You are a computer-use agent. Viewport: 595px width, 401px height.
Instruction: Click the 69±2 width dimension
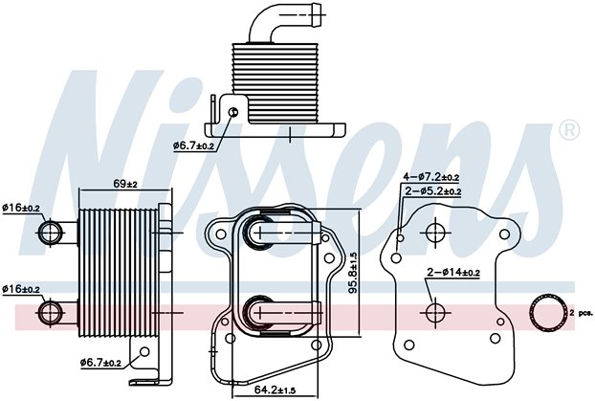point(126,184)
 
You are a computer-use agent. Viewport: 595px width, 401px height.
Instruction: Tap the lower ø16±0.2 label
point(22,289)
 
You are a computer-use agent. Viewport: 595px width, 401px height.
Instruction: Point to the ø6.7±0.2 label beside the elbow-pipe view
point(195,145)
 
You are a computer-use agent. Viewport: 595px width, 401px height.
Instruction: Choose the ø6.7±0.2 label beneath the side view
point(101,363)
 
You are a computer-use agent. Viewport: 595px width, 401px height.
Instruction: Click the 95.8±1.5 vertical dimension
point(353,273)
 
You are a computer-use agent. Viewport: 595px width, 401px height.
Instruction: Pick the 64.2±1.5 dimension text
point(275,390)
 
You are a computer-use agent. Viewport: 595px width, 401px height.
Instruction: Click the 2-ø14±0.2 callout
point(454,274)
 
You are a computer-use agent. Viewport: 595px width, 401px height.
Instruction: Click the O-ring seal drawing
point(547,313)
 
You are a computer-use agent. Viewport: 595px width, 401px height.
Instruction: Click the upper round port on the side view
point(53,232)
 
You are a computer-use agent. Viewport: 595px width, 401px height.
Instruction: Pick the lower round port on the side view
point(53,312)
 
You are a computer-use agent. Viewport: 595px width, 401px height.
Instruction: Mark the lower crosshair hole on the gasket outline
point(434,312)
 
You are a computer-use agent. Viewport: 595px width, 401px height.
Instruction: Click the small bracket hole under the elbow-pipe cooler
point(234,113)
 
